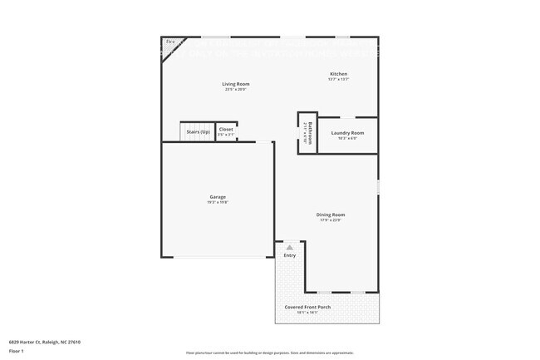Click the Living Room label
pos(235,84)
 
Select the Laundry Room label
pos(347,133)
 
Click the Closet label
pos(226,130)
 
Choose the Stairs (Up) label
pos(198,131)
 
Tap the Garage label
pos(218,197)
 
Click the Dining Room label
pos(331,215)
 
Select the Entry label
pos(289,255)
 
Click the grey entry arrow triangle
pos(289,247)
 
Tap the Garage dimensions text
pos(218,203)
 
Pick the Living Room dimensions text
pos(235,90)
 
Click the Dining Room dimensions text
pos(331,220)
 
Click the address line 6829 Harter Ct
pos(45,342)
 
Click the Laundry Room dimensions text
pos(347,139)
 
